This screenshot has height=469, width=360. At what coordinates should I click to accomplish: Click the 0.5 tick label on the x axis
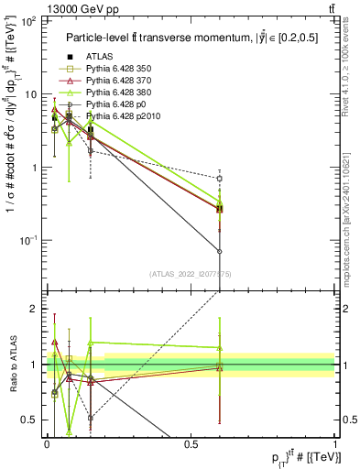click(191, 444)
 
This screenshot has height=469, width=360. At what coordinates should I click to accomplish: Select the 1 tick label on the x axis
click(335, 444)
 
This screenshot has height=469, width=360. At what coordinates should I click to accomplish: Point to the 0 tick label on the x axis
click(47, 444)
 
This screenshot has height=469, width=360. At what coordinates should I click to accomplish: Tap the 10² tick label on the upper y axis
click(30, 21)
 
